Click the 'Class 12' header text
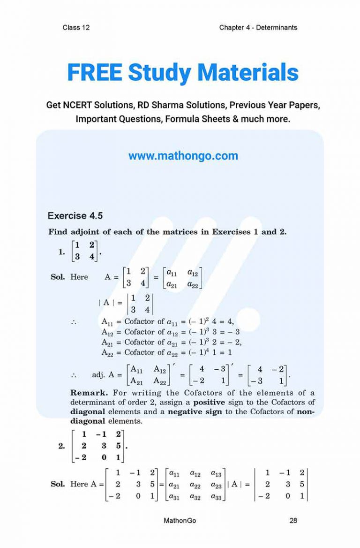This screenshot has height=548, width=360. pyautogui.click(x=76, y=27)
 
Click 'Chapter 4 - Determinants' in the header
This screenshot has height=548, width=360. pyautogui.click(x=258, y=27)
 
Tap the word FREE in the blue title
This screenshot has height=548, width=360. pyautogui.click(x=95, y=73)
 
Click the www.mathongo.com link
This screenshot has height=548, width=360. pyautogui.click(x=183, y=156)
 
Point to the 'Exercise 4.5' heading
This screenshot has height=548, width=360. pyautogui.click(x=75, y=216)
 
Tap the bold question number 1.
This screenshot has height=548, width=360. pyautogui.click(x=61, y=252)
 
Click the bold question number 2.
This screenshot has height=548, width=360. pyautogui.click(x=61, y=446)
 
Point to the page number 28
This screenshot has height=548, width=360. pyautogui.click(x=293, y=520)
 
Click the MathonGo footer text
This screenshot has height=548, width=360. pyautogui.click(x=180, y=520)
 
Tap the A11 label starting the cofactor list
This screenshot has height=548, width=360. pyautogui.click(x=107, y=321)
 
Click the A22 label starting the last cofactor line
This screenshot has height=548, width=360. pyautogui.click(x=107, y=352)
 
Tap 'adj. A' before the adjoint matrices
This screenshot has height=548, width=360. pyautogui.click(x=104, y=375)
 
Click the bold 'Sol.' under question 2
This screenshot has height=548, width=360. pyautogui.click(x=58, y=484)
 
